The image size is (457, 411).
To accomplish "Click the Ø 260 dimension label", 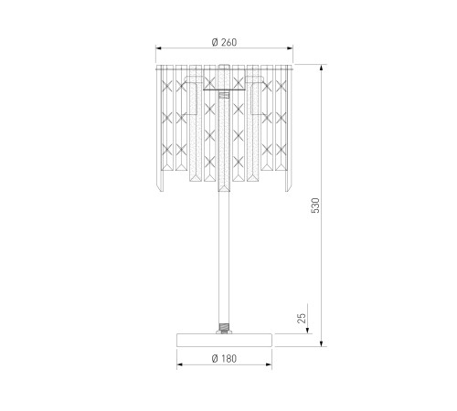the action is point(224,42).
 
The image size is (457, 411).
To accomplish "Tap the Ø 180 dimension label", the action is point(224,359).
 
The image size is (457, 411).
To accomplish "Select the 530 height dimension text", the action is point(315,205).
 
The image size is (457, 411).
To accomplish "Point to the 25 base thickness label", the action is point(302,318).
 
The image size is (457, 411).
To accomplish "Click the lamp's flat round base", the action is point(224,340).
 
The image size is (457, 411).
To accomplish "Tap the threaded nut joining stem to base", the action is point(224,329).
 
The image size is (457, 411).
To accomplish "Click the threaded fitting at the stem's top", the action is point(224,95).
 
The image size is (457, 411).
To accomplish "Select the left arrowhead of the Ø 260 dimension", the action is point(158,47).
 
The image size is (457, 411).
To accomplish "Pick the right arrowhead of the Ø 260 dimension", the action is point(290,47).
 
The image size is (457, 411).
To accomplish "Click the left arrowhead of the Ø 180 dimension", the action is point(180,364).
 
